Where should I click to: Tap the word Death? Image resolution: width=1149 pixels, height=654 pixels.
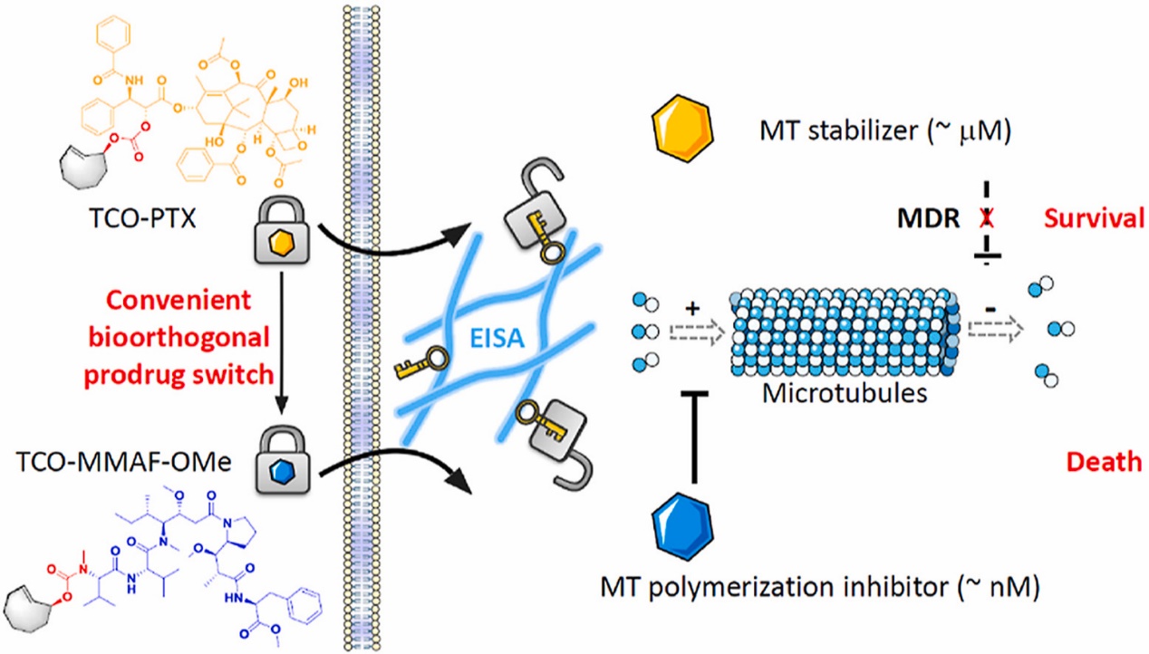pos(1103,461)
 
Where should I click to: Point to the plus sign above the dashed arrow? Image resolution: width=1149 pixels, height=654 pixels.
pos(695,308)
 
